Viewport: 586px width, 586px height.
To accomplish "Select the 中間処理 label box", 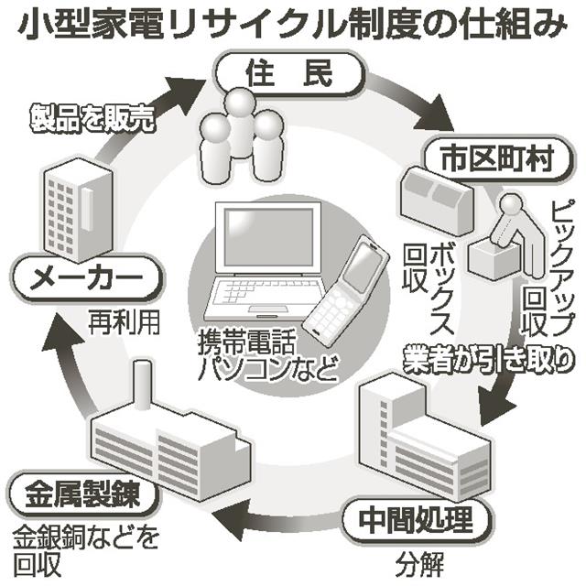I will coord(409,522).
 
